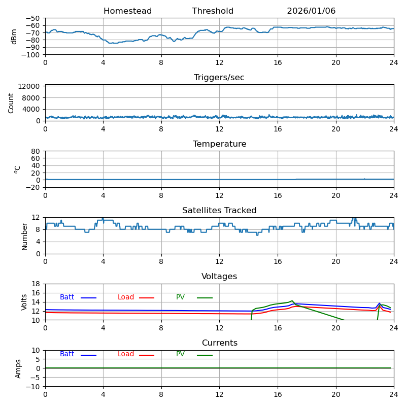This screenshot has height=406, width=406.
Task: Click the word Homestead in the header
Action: [x=127, y=11]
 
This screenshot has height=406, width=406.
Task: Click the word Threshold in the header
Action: [x=213, y=11]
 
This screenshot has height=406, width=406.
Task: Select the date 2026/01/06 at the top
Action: [x=311, y=11]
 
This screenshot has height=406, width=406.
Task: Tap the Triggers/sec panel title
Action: [x=219, y=78]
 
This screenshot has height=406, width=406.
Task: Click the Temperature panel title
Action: [x=219, y=144]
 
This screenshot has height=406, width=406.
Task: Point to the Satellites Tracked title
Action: [x=219, y=211]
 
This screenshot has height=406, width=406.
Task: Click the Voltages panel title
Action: [x=219, y=277]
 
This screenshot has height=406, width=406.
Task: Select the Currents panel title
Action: [x=219, y=343]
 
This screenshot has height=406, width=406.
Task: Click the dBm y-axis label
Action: [x=14, y=37]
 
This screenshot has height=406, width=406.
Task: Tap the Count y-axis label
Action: [x=11, y=103]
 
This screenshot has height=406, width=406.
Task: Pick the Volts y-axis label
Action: [x=24, y=302]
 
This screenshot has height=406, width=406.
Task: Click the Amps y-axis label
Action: [x=18, y=368]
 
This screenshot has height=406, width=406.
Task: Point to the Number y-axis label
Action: [x=24, y=236]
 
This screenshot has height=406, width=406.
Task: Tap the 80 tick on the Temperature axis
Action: [x=36, y=151]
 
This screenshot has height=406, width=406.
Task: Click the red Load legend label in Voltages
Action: [x=126, y=297]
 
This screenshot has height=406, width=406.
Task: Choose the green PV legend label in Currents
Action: [x=180, y=354]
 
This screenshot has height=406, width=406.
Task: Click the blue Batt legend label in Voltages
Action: [x=67, y=297]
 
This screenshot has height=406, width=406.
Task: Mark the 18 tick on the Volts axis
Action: [x=36, y=284]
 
